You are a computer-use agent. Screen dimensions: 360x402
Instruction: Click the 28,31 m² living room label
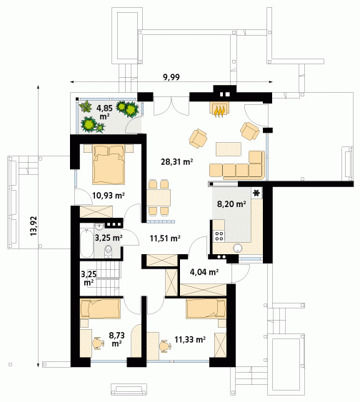[x=176, y=162]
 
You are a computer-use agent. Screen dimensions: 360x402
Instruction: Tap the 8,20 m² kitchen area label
[x=231, y=204]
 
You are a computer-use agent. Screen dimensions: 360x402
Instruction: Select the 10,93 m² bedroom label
[x=109, y=196]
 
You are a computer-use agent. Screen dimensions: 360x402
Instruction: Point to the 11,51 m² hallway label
[x=165, y=238]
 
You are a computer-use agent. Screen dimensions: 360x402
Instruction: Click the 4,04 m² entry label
[x=204, y=272]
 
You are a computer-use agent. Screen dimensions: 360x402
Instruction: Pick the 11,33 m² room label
[x=190, y=340]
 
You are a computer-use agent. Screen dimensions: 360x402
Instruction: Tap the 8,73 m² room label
[x=116, y=339]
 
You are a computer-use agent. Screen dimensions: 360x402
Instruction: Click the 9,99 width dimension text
[x=171, y=77]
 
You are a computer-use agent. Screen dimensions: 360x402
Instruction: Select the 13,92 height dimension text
[x=34, y=226]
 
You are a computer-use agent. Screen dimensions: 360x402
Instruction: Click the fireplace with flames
[x=220, y=109]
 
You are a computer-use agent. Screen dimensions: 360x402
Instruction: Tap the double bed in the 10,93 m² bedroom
[x=109, y=164]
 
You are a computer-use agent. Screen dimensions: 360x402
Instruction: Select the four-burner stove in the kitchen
[x=219, y=236]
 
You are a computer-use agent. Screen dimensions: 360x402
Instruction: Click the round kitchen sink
[x=237, y=248]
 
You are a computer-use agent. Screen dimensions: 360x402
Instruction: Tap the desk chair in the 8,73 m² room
[x=99, y=343]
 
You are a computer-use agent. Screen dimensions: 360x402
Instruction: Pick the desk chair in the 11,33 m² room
[x=166, y=346]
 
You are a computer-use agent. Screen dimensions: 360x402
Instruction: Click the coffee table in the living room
[x=229, y=149]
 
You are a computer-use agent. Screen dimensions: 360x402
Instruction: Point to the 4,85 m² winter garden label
[x=104, y=112]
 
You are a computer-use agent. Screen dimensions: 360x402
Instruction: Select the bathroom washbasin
[x=99, y=226]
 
